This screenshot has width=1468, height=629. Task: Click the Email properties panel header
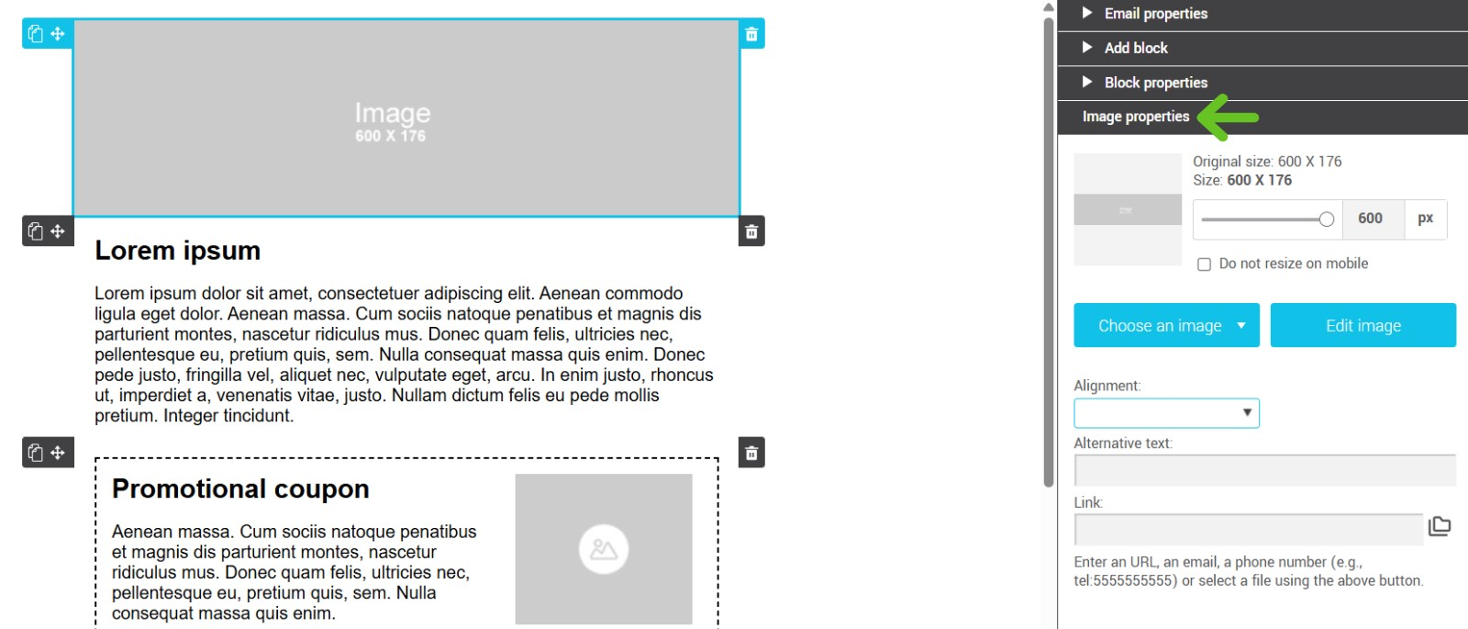(x=1155, y=14)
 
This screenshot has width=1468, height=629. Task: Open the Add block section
(x=1135, y=48)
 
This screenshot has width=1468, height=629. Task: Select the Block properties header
(x=1155, y=83)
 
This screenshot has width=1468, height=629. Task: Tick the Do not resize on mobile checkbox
(x=1204, y=264)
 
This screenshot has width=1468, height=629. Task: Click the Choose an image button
(x=1166, y=325)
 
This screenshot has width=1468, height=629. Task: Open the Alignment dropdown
(x=1166, y=413)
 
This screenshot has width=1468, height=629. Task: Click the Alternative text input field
(x=1264, y=470)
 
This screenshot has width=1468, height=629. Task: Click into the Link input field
(x=1248, y=530)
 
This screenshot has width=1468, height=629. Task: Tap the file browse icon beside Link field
(x=1440, y=526)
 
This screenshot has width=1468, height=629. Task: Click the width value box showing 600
(x=1371, y=219)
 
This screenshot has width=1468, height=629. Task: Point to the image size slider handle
(x=1326, y=219)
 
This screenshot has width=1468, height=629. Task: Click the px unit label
(x=1425, y=219)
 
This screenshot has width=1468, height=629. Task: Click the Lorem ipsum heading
(x=178, y=251)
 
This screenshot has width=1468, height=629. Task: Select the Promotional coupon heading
(x=240, y=489)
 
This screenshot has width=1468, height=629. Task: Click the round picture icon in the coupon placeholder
(x=604, y=549)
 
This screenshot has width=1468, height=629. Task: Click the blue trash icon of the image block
(x=751, y=34)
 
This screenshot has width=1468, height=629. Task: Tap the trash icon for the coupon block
(x=751, y=453)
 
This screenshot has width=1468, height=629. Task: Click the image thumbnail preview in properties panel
(x=1128, y=209)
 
